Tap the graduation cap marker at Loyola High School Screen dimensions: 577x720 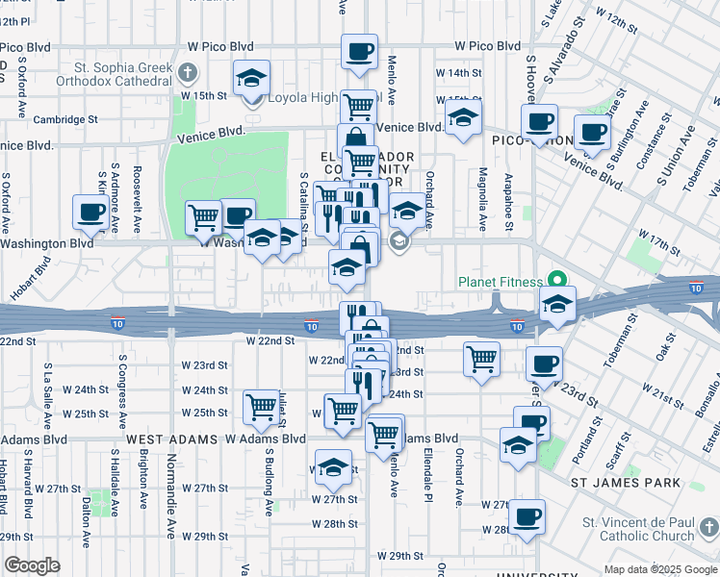(251, 78)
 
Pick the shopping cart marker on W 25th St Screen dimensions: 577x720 (261, 407)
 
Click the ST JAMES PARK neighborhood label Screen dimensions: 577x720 (626, 483)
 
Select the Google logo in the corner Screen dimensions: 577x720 (32, 564)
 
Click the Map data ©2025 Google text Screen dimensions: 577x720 (660, 569)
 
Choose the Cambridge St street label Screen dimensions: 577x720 (66, 120)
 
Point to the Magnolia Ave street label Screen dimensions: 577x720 (482, 201)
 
